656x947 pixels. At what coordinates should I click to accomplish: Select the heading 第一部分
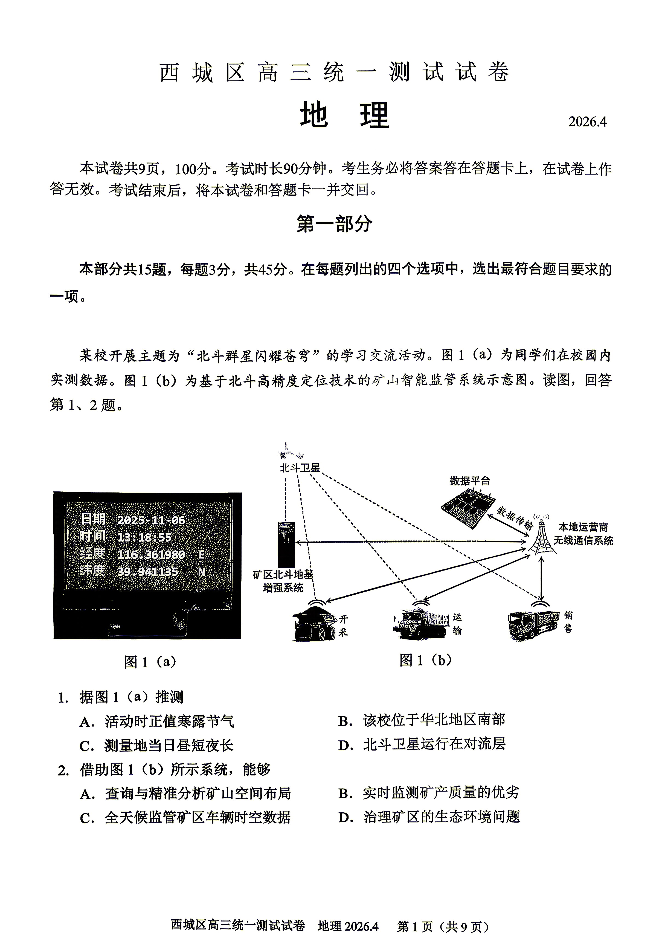334,224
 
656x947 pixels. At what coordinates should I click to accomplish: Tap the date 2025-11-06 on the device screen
151,520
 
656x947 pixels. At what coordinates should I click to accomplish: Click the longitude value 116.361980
151,554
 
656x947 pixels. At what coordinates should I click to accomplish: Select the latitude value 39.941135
147,572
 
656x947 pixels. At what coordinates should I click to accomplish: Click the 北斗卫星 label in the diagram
300,468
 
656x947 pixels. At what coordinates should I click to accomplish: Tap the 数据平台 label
469,480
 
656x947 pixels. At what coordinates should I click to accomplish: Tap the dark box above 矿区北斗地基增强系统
286,545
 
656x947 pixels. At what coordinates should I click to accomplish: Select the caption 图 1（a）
150,661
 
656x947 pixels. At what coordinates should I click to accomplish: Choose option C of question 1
168,746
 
